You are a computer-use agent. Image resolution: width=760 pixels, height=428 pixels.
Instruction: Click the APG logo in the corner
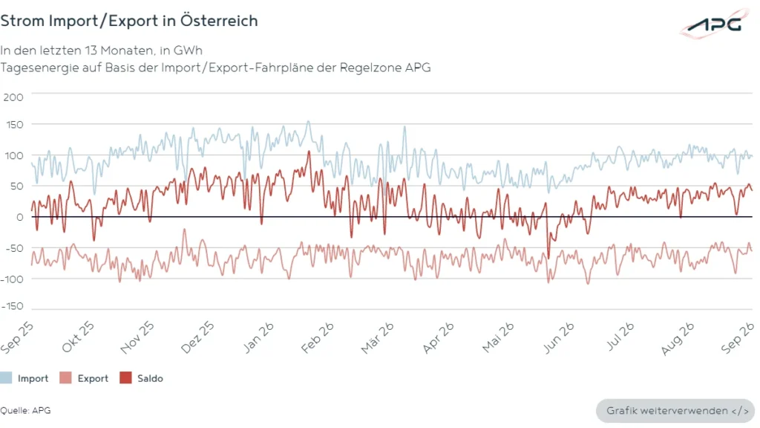pyautogui.click(x=715, y=23)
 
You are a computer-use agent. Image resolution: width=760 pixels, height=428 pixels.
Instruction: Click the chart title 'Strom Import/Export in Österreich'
pyautogui.click(x=129, y=21)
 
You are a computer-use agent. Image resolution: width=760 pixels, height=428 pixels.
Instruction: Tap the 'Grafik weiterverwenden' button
pyautogui.click(x=675, y=411)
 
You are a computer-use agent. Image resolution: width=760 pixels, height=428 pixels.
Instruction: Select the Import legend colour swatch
pyautogui.click(x=6, y=378)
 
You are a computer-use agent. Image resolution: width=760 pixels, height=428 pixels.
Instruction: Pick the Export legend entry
pyautogui.click(x=84, y=378)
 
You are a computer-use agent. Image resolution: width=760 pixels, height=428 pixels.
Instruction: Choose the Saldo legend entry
pyautogui.click(x=141, y=378)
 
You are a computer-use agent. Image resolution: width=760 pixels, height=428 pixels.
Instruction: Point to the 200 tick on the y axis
pyautogui.click(x=13, y=97)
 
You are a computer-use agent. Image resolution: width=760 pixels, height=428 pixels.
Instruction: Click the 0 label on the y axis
pyautogui.click(x=19, y=217)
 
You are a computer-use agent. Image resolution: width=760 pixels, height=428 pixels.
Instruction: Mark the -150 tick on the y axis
pyautogui.click(x=12, y=306)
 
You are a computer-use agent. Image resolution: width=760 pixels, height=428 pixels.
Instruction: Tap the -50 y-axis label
pyautogui.click(x=14, y=248)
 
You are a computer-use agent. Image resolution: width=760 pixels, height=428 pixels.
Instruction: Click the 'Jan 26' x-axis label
pyautogui.click(x=258, y=337)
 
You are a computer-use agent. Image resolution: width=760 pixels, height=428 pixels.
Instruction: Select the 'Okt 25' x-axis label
pyautogui.click(x=78, y=337)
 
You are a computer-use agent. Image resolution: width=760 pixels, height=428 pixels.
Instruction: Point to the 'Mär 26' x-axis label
pyautogui.click(x=377, y=338)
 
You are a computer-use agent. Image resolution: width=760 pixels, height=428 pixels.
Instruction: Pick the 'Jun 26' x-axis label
pyautogui.click(x=558, y=338)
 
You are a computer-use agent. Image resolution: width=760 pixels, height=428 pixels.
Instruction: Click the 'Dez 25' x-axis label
pyautogui.click(x=197, y=337)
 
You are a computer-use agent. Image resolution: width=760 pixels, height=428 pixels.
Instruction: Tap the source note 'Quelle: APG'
pyautogui.click(x=25, y=410)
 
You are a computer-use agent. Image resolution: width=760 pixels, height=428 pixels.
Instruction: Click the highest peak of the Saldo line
pyautogui.click(x=309, y=152)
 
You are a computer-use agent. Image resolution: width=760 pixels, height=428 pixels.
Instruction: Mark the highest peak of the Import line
pyautogui.click(x=308, y=121)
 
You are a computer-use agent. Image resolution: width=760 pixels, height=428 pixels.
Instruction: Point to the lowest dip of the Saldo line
pyautogui.click(x=548, y=258)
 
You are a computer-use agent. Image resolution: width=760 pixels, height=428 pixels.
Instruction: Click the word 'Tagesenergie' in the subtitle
pyautogui.click(x=39, y=68)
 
